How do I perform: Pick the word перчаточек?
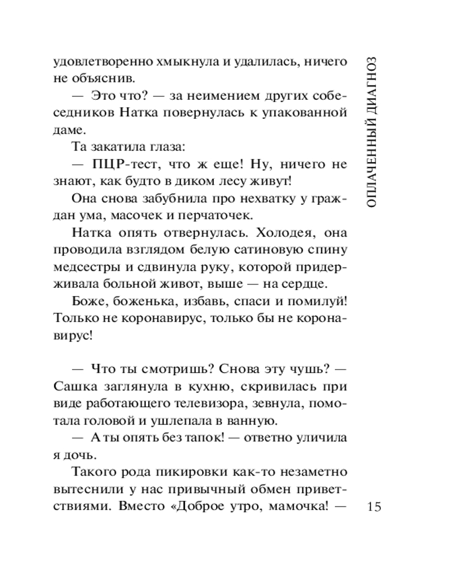coord(220,215)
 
